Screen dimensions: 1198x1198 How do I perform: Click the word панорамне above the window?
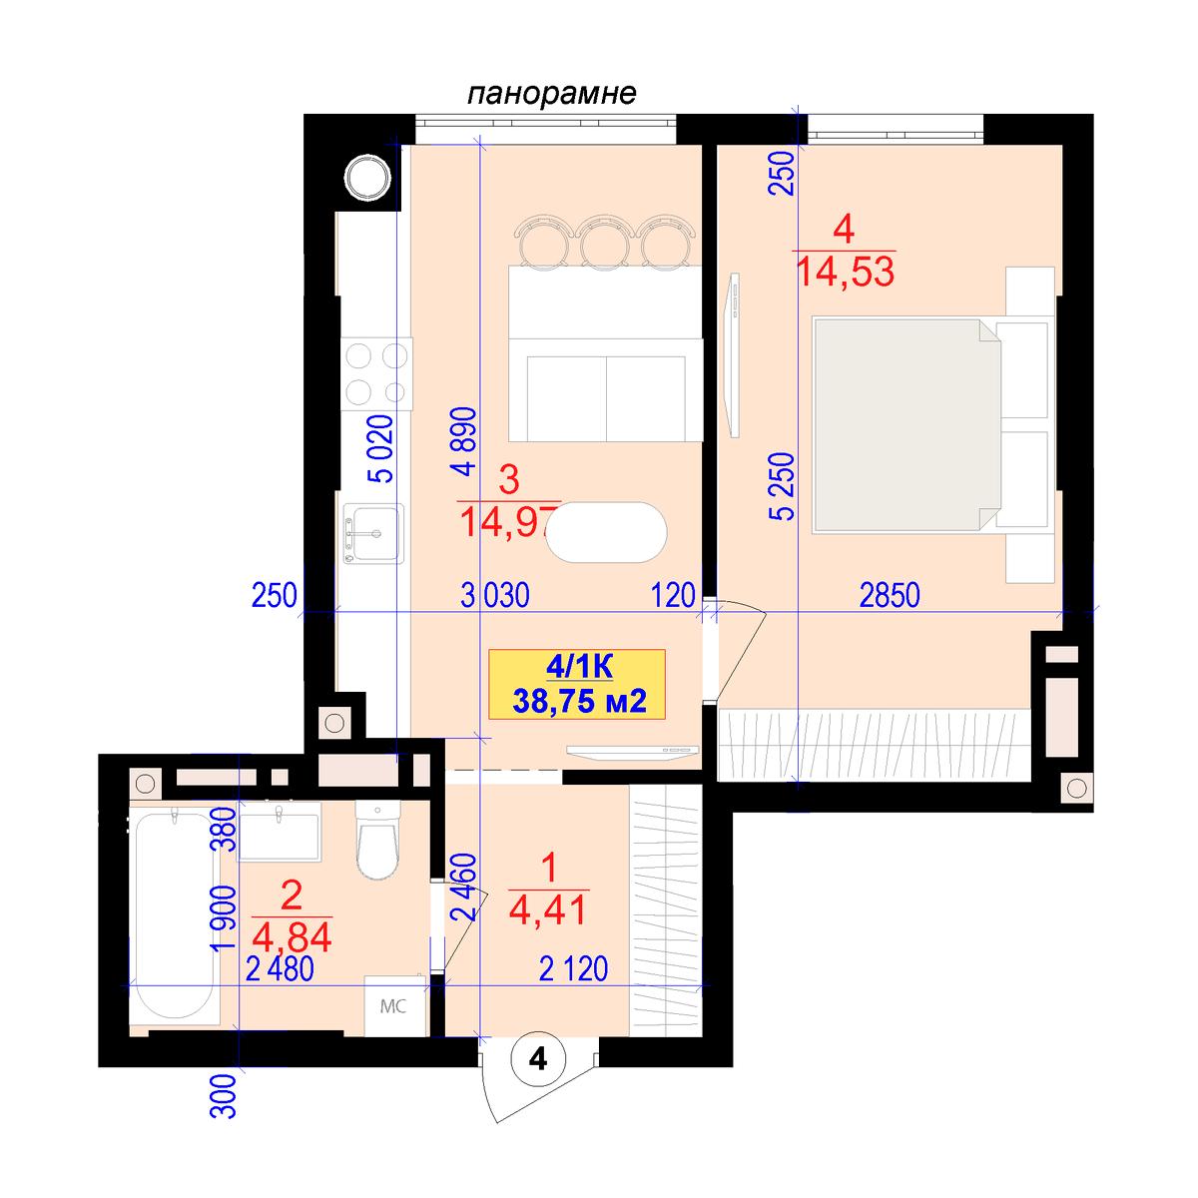click(x=551, y=94)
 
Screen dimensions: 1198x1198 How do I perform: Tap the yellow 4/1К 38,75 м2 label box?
click(x=577, y=685)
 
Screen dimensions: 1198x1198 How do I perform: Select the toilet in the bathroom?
click(x=377, y=840)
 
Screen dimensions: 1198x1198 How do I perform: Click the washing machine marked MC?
click(x=395, y=1006)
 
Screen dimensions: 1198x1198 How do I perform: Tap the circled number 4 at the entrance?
click(x=538, y=1059)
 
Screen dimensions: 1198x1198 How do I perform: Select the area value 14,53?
click(x=845, y=272)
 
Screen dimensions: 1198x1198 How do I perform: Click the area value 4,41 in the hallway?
click(x=548, y=911)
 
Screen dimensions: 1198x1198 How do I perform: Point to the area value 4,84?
click(x=293, y=937)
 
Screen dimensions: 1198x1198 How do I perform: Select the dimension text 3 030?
click(x=495, y=595)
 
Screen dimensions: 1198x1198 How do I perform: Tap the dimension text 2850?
click(x=890, y=595)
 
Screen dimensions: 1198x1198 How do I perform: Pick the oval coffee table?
click(x=606, y=533)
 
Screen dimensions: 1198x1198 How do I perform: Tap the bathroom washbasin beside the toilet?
click(x=280, y=832)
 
